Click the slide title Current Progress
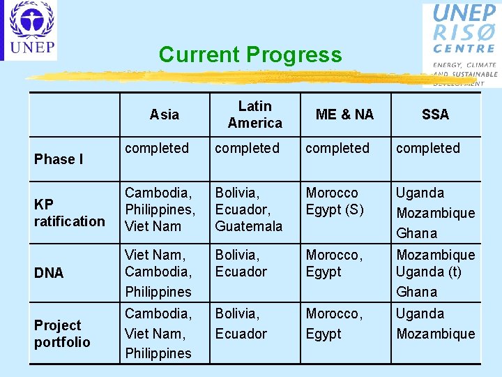coord(250,54)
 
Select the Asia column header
coord(165,114)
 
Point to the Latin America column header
coord(255,114)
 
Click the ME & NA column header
coord(344,114)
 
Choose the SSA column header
coord(435,114)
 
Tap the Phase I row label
coord(59,159)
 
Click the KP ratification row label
coord(69,213)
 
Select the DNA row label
coord(49,273)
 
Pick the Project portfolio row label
coord(62,334)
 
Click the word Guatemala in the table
coord(249,226)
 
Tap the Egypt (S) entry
coord(335,209)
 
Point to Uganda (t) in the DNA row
coord(429,272)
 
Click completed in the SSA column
coord(428,148)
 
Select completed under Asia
coord(157,148)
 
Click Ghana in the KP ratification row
coord(417,233)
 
